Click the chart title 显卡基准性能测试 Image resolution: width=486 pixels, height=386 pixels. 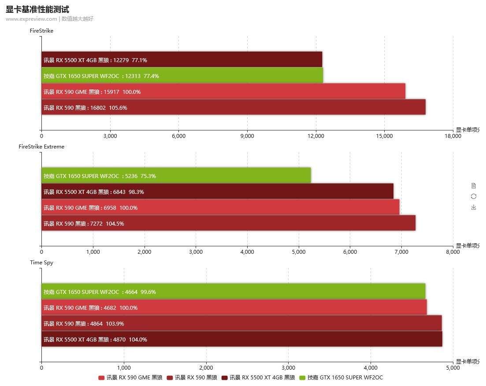[x=37, y=9]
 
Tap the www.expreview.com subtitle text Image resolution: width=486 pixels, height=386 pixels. [x=31, y=19]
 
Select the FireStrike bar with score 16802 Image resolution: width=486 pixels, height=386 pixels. [x=234, y=108]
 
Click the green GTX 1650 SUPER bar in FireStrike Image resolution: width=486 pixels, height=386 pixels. [x=182, y=76]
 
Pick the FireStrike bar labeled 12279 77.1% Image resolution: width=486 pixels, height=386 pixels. [x=182, y=60]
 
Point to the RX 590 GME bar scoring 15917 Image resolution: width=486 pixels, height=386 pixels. [x=223, y=92]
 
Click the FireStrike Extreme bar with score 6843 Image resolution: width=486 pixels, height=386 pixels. [x=217, y=192]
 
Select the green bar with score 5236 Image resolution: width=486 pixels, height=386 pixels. [x=176, y=176]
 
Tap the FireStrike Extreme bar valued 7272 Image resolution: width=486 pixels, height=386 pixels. [x=228, y=223]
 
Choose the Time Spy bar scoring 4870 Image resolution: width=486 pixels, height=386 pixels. [x=241, y=339]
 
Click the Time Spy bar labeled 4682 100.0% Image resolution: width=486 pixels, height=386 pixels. [x=234, y=308]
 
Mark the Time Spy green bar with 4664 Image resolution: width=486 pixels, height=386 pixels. [x=233, y=292]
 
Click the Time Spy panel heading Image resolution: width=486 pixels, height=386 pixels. [x=41, y=263]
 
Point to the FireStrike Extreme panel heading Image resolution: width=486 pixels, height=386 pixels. [x=41, y=147]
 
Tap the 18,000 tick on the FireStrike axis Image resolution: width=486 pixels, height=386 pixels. [x=453, y=136]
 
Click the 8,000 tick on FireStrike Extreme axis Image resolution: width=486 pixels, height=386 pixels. [x=453, y=252]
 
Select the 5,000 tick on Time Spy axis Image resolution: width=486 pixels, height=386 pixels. [x=453, y=368]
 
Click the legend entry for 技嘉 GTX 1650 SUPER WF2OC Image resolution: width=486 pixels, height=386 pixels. [x=341, y=378]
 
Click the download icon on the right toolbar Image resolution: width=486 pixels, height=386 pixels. [x=474, y=207]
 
